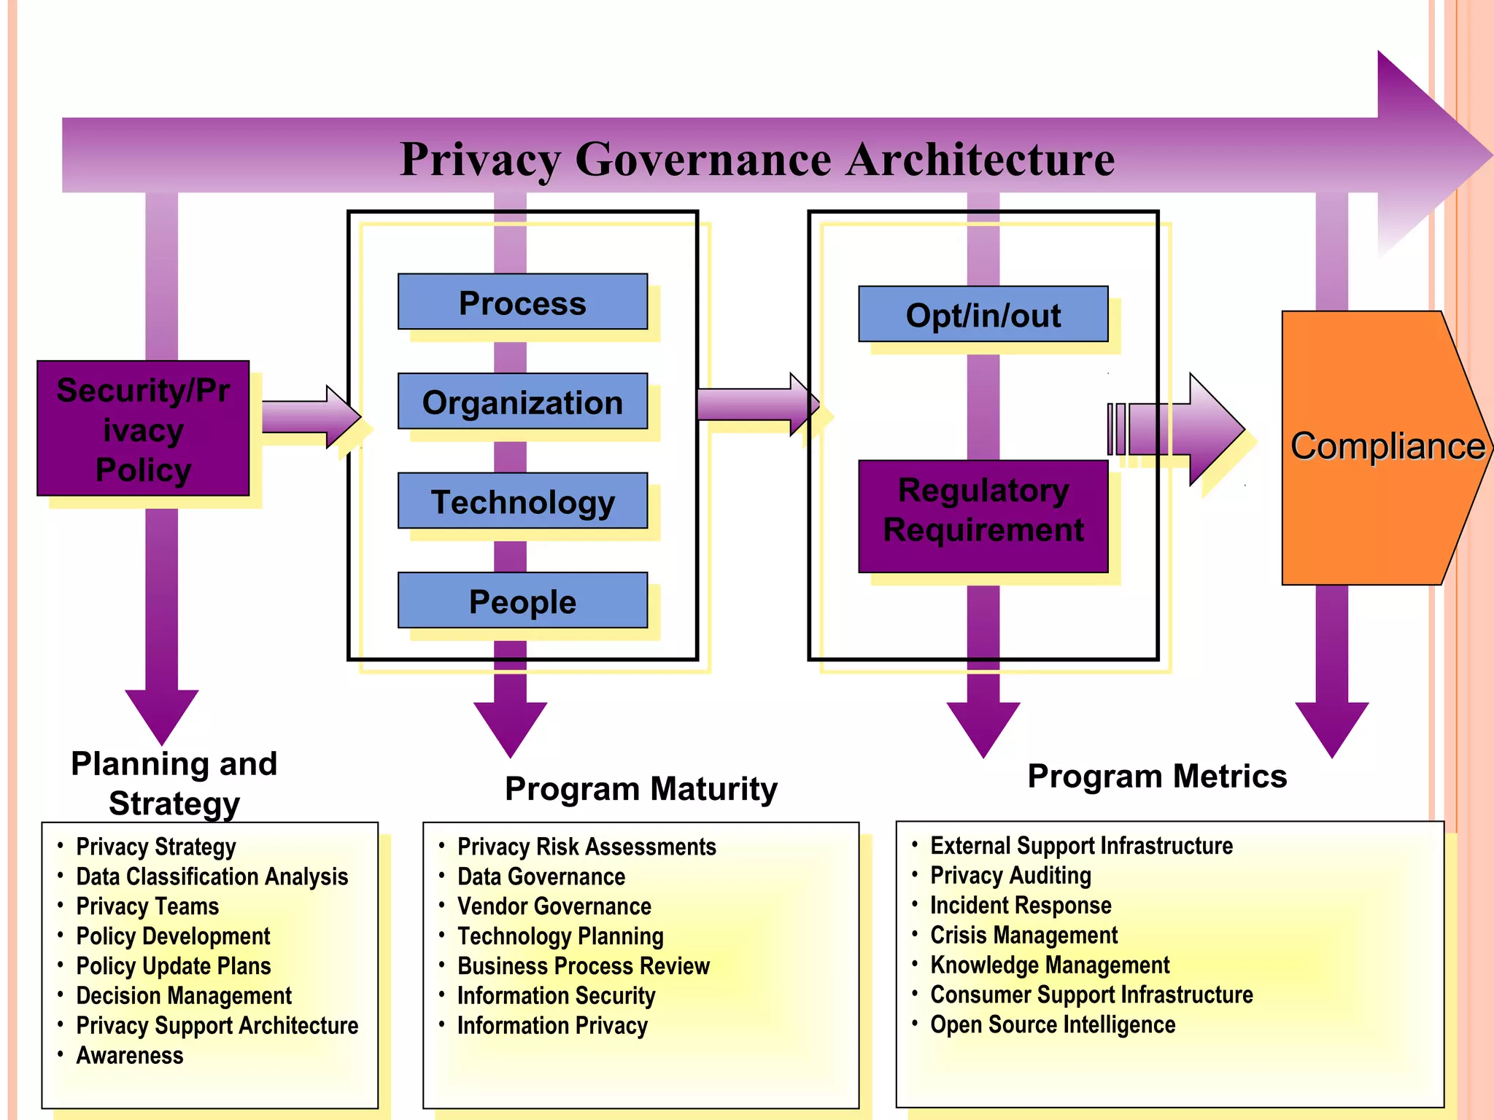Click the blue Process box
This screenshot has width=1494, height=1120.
(522, 302)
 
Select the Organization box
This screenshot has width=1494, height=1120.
(522, 402)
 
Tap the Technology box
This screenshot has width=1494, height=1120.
(522, 501)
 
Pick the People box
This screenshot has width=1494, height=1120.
(522, 601)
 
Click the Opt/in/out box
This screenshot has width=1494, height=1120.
(983, 314)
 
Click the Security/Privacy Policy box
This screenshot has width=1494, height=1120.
(143, 429)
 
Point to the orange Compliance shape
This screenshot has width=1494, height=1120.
(1379, 446)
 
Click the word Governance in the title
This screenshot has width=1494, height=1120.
(703, 158)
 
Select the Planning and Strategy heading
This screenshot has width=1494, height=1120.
(174, 783)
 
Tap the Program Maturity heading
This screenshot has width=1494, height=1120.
(640, 788)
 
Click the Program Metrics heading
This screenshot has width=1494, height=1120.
(1157, 776)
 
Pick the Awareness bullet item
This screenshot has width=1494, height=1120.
(130, 1055)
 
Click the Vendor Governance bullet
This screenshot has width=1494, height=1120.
(554, 906)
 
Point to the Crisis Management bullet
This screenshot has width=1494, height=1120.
(1023, 935)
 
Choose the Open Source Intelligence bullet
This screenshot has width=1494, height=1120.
(1053, 1024)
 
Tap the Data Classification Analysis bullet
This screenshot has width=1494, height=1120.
(212, 876)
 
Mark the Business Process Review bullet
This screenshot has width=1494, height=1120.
(583, 966)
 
